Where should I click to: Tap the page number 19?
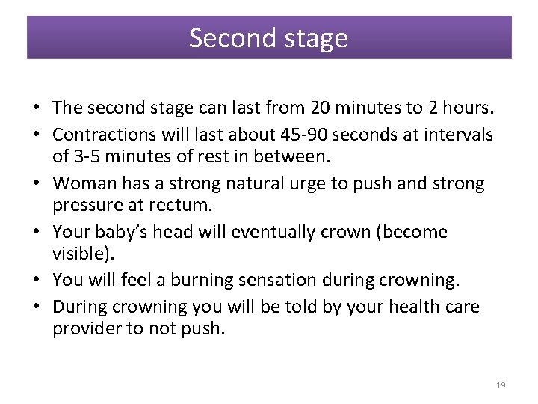tap(501, 385)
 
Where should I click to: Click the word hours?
tap(466, 108)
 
